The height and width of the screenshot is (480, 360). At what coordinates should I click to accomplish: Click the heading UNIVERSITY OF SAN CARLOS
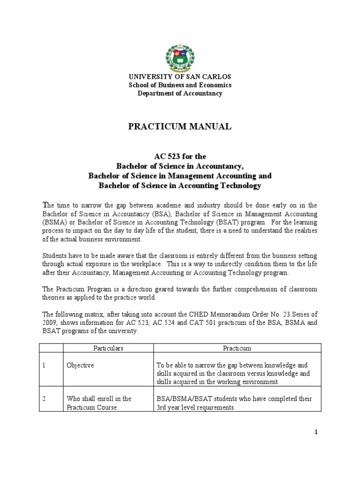180,77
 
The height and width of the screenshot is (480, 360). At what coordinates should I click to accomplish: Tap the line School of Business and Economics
180,85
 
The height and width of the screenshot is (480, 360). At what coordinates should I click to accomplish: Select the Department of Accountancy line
180,93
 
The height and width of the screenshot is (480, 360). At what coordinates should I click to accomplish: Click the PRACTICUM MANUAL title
180,126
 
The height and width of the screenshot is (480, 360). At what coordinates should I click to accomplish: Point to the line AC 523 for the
180,157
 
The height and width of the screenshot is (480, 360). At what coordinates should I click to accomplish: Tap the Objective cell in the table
80,365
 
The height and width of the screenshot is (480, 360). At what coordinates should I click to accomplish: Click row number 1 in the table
44,365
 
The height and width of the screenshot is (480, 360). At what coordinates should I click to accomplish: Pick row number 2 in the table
44,398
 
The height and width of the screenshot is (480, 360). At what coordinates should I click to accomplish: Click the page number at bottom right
316,432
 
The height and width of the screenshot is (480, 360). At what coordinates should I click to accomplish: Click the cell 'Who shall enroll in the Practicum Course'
99,403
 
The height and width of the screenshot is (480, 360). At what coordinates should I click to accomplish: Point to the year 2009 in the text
50,322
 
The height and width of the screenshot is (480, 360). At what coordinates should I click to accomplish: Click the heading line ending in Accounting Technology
180,186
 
